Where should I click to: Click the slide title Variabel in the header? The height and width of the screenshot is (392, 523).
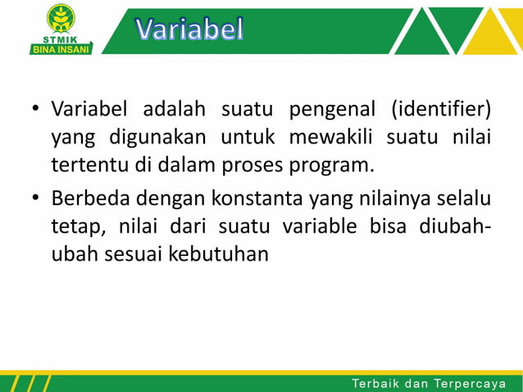[189, 30]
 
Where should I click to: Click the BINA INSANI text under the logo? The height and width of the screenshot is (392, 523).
[61, 48]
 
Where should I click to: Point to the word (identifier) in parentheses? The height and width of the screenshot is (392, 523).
[441, 109]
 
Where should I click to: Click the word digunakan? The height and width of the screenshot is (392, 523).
[145, 138]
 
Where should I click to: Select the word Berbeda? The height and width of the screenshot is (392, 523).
[89, 198]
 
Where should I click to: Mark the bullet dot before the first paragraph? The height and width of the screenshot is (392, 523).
[36, 110]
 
